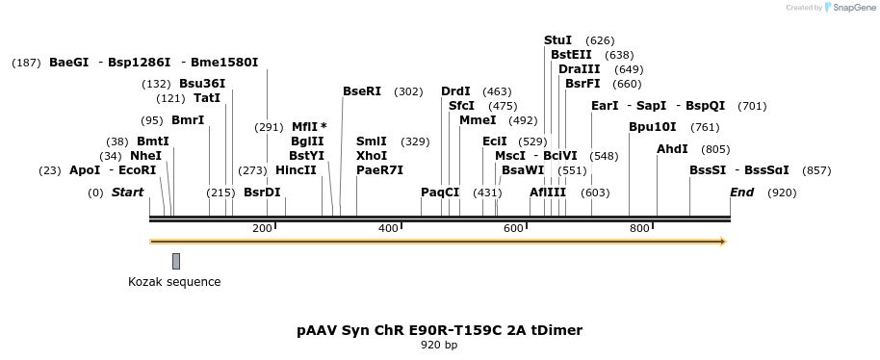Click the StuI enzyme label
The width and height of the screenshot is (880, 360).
[557, 40]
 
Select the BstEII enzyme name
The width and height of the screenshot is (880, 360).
[571, 55]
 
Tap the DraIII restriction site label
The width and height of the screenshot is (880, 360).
[579, 69]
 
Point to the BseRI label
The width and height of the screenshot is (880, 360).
[362, 91]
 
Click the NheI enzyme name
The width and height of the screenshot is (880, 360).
[145, 156]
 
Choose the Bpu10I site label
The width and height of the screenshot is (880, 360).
[652, 127]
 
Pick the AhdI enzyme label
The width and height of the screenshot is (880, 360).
[672, 149]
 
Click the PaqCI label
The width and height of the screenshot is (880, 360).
[440, 193]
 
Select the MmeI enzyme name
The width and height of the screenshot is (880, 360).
[478, 120]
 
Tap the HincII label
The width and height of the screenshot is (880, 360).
[296, 170]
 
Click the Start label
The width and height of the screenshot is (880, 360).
[127, 193]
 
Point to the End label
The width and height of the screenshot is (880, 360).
[741, 193]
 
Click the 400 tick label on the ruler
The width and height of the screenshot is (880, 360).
[388, 228]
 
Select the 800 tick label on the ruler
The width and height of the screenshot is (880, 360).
[639, 228]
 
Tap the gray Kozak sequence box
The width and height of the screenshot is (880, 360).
[176, 261]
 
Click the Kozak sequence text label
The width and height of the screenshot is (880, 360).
[174, 282]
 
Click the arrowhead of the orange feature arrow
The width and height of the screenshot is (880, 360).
[722, 242]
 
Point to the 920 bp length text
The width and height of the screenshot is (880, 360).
[439, 345]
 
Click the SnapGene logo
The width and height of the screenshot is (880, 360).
[848, 8]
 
